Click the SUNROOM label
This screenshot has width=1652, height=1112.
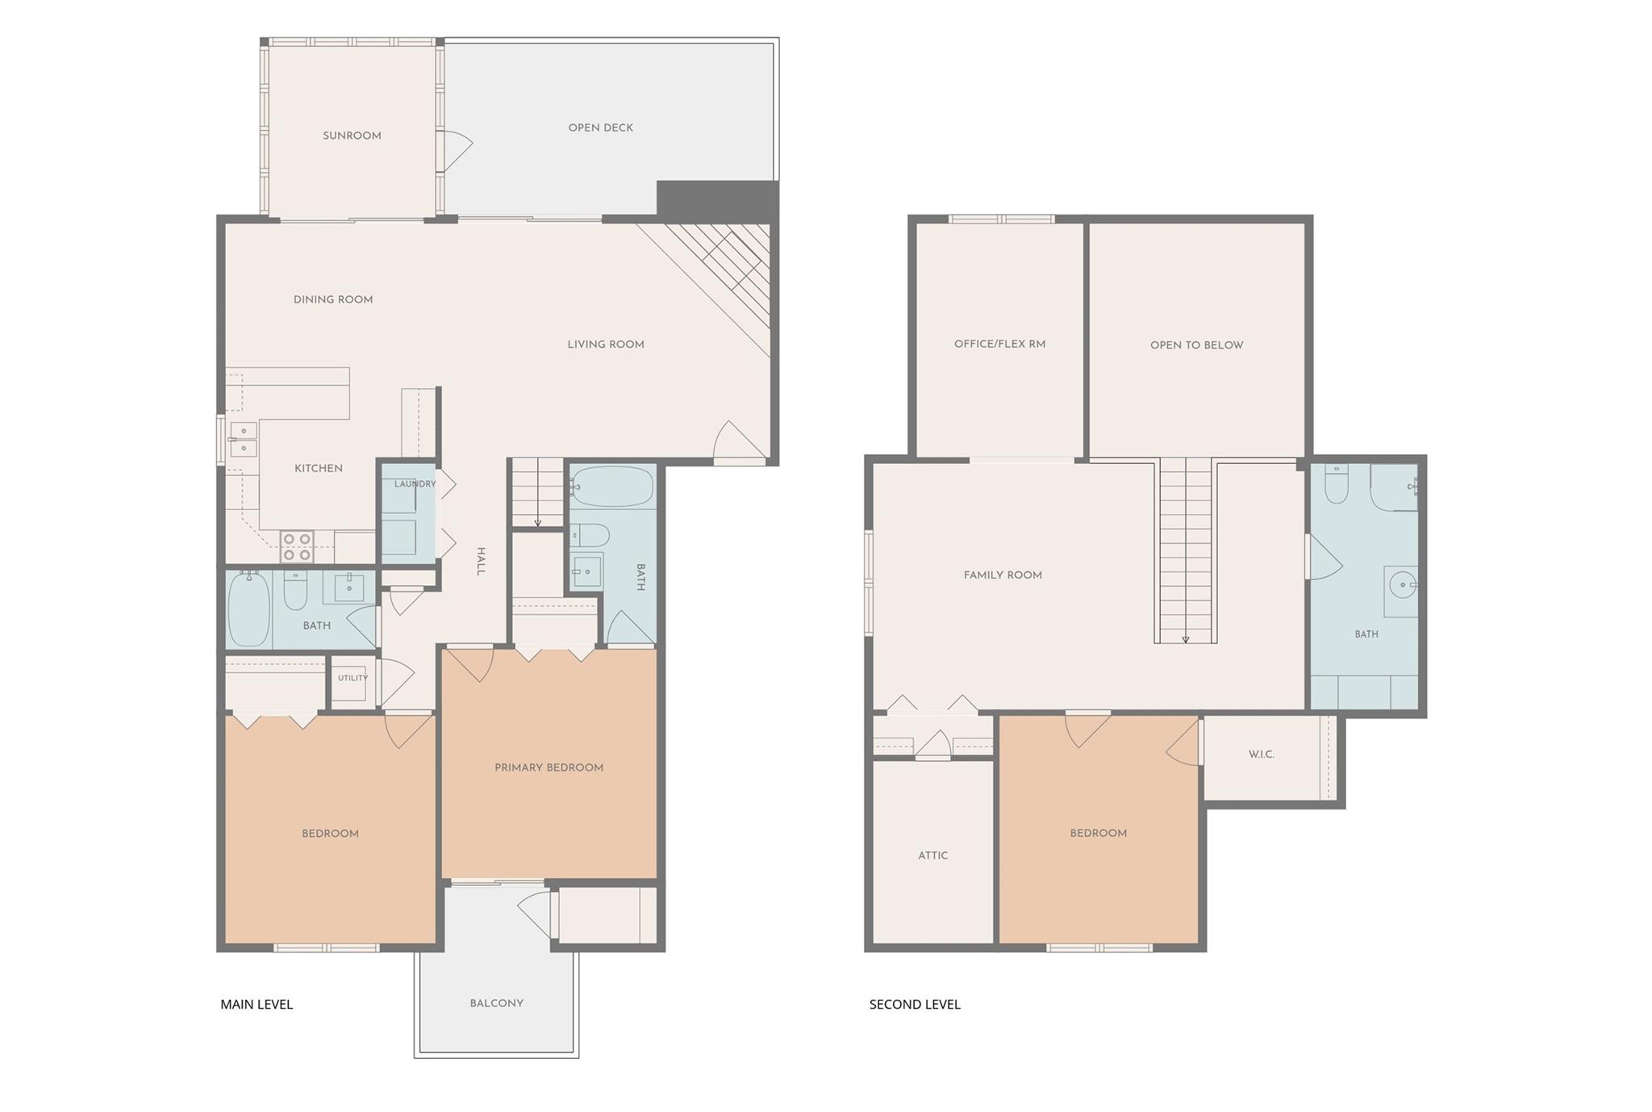click(x=352, y=136)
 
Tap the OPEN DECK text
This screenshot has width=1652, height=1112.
click(x=601, y=128)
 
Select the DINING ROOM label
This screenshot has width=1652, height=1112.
click(x=333, y=299)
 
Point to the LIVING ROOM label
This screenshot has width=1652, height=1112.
click(x=606, y=345)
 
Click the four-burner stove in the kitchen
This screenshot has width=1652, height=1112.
click(x=297, y=546)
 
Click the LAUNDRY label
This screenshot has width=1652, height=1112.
click(x=415, y=484)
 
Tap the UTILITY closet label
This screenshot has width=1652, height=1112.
click(x=353, y=678)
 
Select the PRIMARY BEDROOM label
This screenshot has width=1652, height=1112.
click(x=549, y=767)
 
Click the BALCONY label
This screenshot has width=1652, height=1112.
click(x=497, y=1003)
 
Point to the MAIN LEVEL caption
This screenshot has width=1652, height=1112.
click(x=257, y=1005)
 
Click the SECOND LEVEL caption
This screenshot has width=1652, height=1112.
click(x=915, y=1005)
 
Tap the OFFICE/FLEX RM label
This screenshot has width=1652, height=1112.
click(x=1000, y=344)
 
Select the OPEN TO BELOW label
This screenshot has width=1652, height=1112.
click(x=1197, y=345)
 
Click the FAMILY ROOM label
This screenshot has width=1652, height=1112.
click(x=1003, y=575)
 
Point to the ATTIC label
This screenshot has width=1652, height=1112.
click(x=933, y=855)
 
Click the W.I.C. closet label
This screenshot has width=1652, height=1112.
click(x=1262, y=755)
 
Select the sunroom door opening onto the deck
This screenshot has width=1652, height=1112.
click(x=454, y=150)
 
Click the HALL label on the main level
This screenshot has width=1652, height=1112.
click(x=481, y=561)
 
